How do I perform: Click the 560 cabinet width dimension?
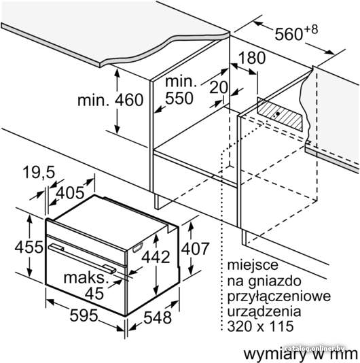click(296, 33)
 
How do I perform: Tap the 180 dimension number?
click(252, 58)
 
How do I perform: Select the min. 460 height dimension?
click(110, 100)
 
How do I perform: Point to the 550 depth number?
click(179, 98)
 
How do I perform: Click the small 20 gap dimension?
click(219, 88)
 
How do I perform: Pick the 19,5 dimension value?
click(39, 172)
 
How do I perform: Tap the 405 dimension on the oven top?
click(71, 192)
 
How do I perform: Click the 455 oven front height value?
click(29, 247)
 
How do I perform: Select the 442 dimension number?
click(156, 257)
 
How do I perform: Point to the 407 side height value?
click(195, 249)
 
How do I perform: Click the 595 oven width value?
click(84, 315)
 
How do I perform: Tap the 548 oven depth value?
click(158, 317)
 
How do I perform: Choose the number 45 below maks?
click(94, 294)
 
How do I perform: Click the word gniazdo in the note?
click(274, 281)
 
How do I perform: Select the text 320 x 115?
click(261, 326)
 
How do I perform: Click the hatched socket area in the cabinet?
click(280, 114)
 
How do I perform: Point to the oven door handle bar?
click(82, 258)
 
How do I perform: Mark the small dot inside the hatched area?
click(277, 114)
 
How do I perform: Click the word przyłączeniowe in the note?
click(279, 296)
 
